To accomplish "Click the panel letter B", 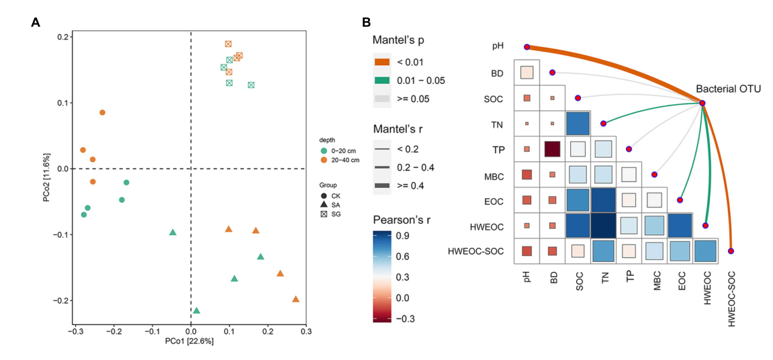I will tap(366, 22).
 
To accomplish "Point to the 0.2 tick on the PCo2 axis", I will tap(63, 37).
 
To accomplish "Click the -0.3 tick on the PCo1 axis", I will tap(76, 331).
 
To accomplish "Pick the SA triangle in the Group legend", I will tap(324, 204).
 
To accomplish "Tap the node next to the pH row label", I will tap(527, 47).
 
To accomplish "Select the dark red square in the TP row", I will tap(552, 149).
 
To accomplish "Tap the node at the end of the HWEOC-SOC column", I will tap(731, 251).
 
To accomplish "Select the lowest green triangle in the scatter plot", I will tap(196, 310).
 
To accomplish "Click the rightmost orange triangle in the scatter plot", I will tap(295, 300).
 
